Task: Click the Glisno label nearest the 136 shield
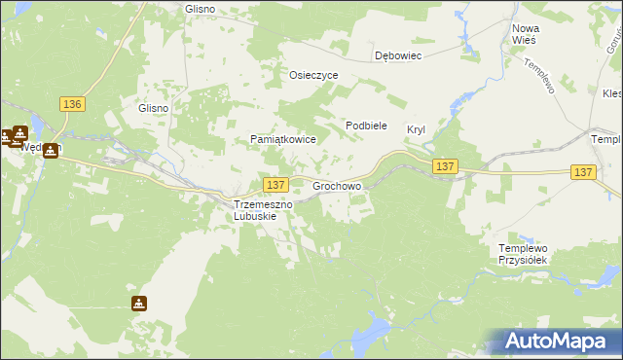[x=154, y=109]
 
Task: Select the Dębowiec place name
[x=398, y=56]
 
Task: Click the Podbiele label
[x=367, y=126]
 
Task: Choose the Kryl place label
[x=417, y=129]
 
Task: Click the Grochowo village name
[x=337, y=185]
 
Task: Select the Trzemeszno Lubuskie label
[x=256, y=210]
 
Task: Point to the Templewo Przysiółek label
[x=524, y=254]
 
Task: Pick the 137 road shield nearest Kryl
[x=445, y=167]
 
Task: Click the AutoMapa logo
[x=555, y=341]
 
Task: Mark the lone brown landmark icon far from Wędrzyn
[x=139, y=303]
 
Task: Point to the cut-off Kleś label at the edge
[x=612, y=94]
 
